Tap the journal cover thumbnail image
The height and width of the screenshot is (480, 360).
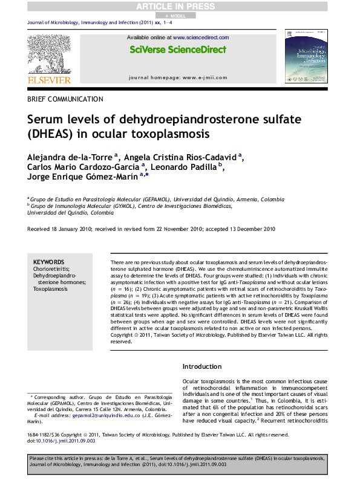pos(301,55)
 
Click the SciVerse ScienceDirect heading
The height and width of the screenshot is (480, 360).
pos(177,50)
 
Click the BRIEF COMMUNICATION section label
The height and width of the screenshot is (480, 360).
pos(65,99)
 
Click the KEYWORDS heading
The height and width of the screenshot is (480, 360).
pos(48,261)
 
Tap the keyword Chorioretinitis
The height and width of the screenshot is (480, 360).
pos(51,268)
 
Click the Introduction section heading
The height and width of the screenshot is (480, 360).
pos(203,366)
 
